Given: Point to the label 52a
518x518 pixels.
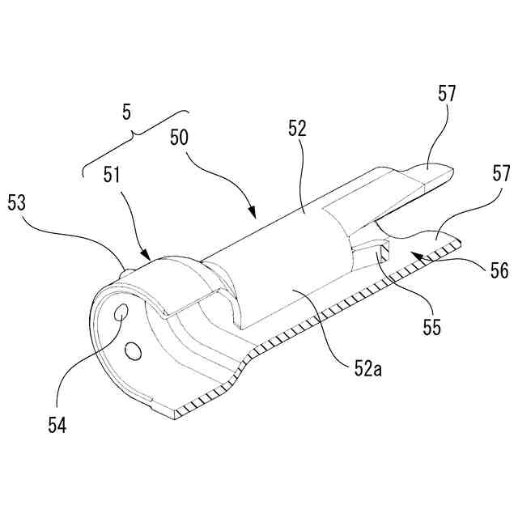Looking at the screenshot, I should (x=366, y=370).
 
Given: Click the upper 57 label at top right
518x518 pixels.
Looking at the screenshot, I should (x=447, y=94).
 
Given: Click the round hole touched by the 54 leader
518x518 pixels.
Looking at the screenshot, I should (x=121, y=312).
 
